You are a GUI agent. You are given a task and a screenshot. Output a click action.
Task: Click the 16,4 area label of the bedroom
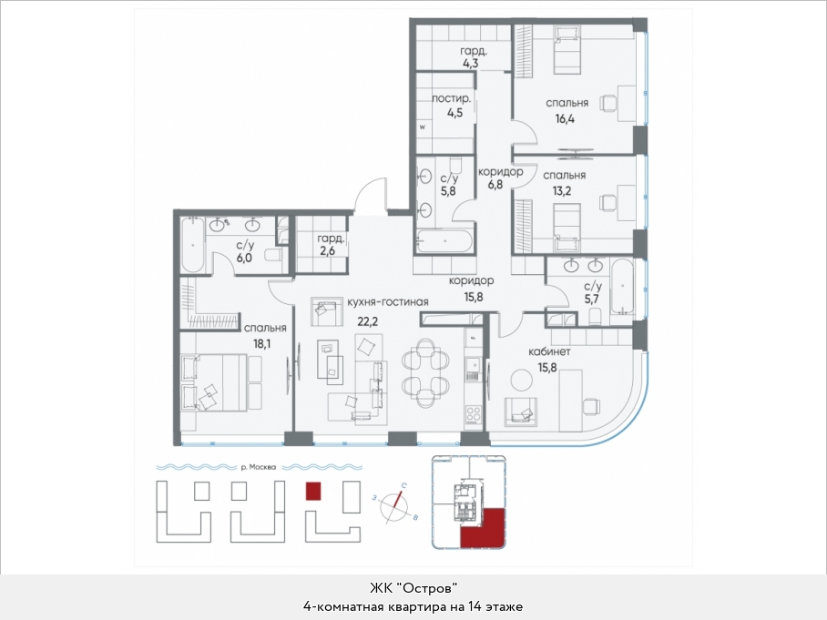point(565,119)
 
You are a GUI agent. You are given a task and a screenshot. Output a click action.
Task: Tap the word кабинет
point(549,351)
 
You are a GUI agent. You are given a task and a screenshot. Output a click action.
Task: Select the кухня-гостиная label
point(388,302)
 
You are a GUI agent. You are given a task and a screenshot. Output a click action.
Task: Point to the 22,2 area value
point(368,321)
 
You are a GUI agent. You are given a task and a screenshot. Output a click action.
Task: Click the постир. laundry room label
point(452,98)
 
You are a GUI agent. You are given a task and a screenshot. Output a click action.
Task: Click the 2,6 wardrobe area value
point(327,251)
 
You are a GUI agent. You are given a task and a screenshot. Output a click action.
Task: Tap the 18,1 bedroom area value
point(262,344)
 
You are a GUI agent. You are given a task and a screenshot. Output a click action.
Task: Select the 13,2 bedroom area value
point(562,191)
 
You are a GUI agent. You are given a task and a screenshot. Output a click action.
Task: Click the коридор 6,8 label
point(500,178)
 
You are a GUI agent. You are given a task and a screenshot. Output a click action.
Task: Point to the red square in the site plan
point(313,491)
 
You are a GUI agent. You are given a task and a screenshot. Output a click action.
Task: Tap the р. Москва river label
point(259,467)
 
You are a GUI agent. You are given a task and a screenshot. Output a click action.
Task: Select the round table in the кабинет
point(522,381)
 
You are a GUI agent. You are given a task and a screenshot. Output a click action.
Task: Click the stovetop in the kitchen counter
point(473,414)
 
